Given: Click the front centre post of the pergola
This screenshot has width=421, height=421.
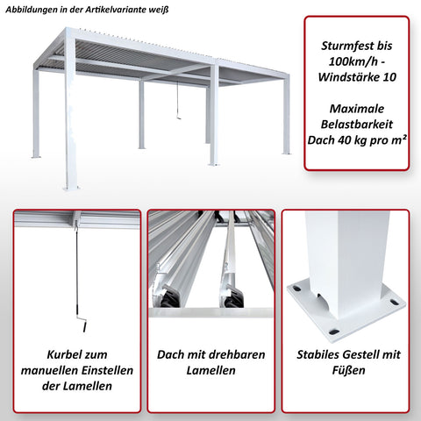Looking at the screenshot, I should pyautogui.click(x=213, y=114).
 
